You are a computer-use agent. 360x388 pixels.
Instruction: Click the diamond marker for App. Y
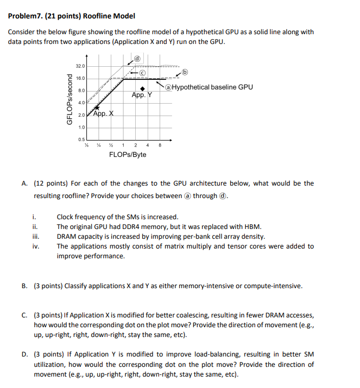tap(142, 88)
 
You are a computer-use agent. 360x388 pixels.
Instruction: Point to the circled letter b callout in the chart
tap(185, 72)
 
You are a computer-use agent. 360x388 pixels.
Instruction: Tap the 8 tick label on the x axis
tap(160, 144)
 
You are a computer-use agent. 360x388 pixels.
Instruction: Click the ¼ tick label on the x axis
tap(98, 144)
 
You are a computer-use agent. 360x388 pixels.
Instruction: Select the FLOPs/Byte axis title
tap(128, 155)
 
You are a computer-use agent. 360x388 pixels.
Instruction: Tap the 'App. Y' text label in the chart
tap(142, 96)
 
